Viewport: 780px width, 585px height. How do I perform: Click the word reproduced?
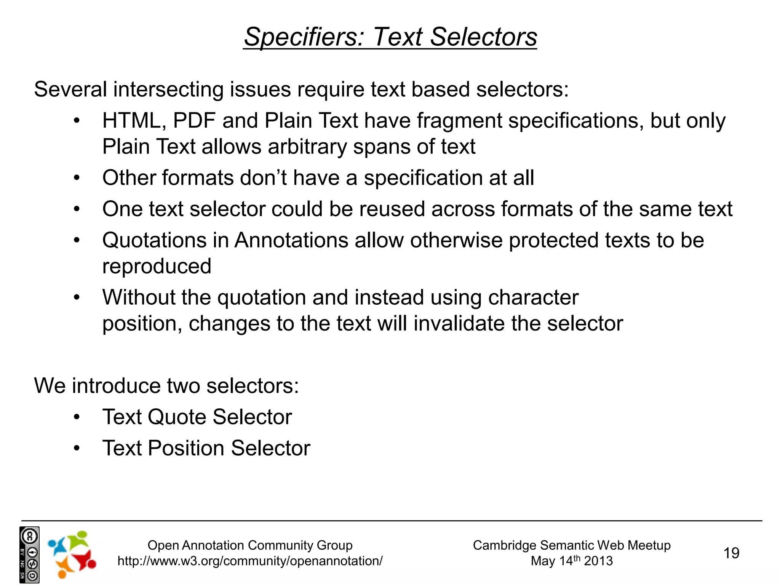point(157,266)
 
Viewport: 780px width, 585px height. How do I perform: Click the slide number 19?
point(731,553)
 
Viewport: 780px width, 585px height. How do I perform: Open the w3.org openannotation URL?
point(250,561)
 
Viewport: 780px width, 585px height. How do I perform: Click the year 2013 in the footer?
point(598,561)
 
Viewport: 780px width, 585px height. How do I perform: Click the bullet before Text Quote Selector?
point(77,417)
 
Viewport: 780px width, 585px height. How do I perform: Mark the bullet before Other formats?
point(77,178)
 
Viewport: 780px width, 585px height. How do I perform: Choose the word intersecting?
point(168,90)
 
